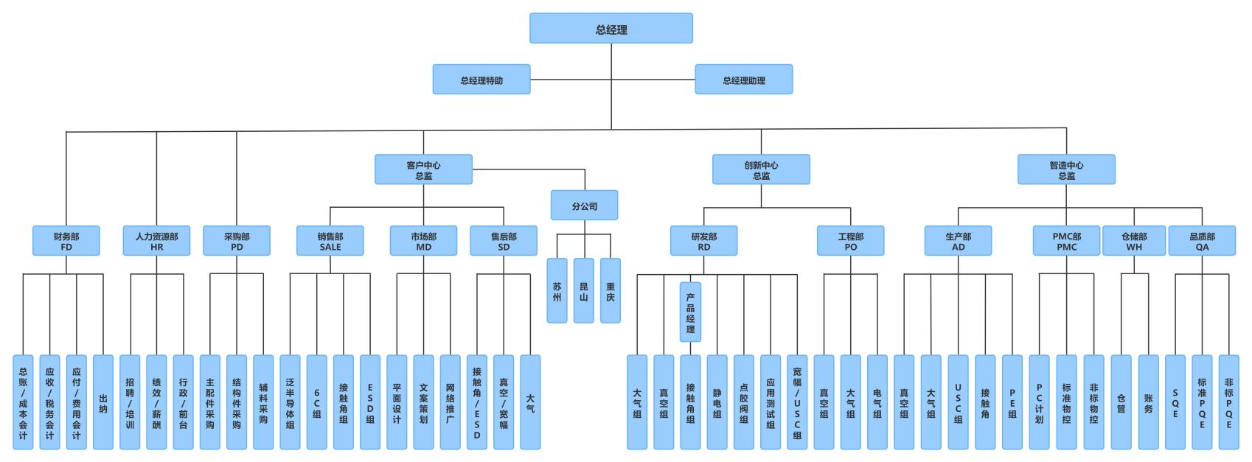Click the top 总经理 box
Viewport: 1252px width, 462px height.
(x=611, y=29)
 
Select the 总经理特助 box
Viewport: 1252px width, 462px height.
(x=481, y=80)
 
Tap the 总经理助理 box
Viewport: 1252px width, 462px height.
(x=743, y=80)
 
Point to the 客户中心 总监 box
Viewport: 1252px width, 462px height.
(x=423, y=169)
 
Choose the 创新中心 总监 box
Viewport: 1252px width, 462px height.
(x=761, y=169)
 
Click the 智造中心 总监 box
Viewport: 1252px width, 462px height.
(x=1066, y=169)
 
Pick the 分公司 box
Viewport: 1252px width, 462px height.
(x=584, y=206)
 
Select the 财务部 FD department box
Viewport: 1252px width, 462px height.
(x=66, y=241)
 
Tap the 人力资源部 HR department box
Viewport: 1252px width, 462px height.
(x=156, y=241)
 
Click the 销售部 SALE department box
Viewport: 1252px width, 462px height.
(x=330, y=241)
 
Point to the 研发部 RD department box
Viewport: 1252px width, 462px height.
(x=703, y=241)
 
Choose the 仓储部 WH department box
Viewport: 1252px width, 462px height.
(x=1134, y=241)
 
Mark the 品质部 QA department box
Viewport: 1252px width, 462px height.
(x=1202, y=241)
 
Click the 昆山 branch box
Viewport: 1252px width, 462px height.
(x=583, y=291)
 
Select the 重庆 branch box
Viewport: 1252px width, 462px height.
(x=610, y=291)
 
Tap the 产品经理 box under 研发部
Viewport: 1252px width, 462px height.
(x=690, y=312)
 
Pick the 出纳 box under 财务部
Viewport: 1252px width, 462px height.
(x=103, y=402)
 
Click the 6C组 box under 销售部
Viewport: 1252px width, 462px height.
(x=316, y=402)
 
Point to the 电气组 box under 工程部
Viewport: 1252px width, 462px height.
(x=877, y=402)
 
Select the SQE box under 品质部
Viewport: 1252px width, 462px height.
(x=1175, y=402)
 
